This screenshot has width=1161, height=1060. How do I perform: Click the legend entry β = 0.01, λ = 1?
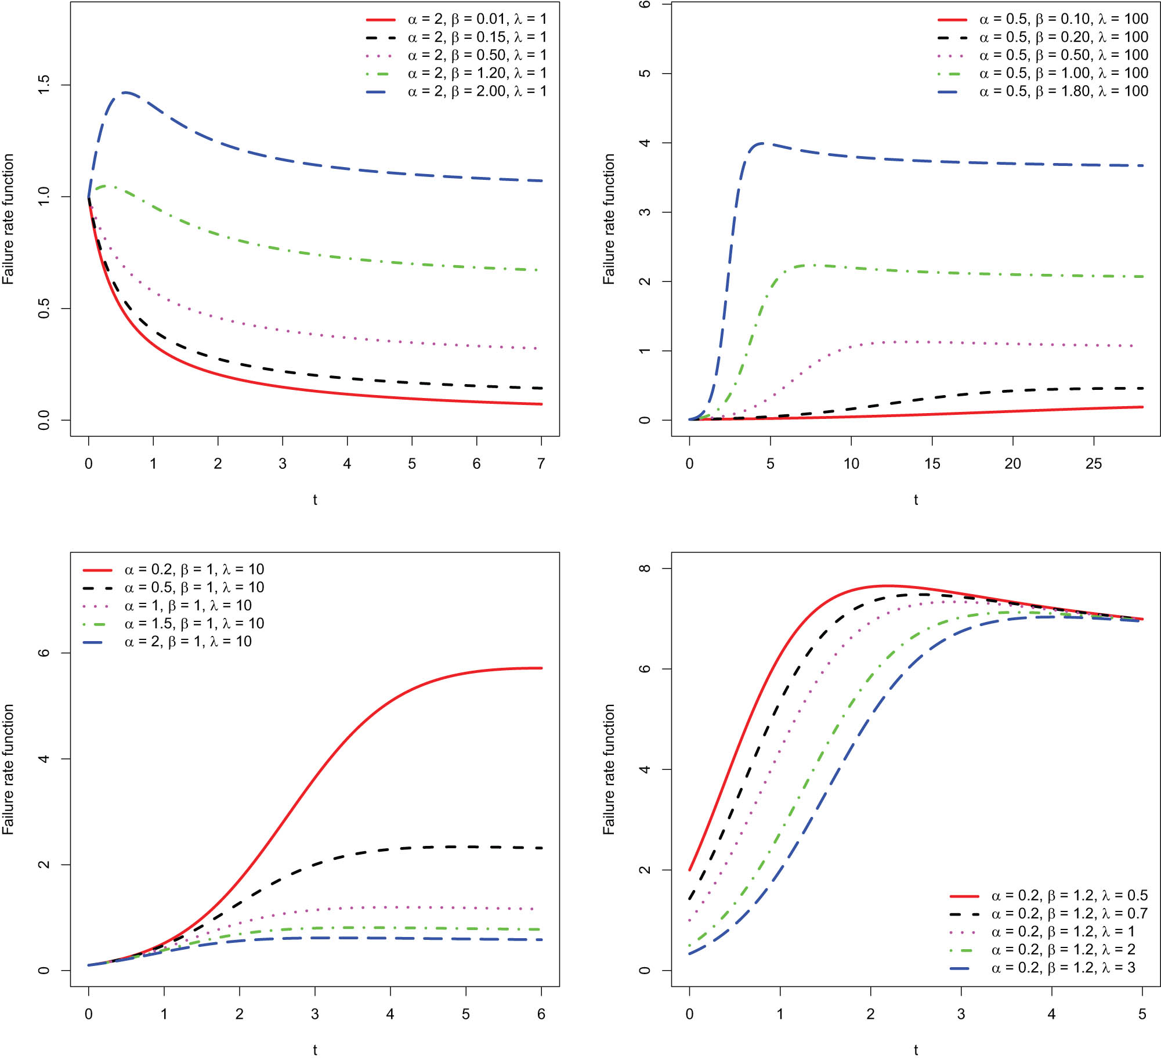click(x=476, y=19)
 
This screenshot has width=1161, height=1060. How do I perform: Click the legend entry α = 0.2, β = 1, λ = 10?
click(x=194, y=570)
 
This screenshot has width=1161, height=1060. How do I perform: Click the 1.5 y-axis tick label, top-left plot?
click(x=44, y=85)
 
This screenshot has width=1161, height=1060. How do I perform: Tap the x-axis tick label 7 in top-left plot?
click(x=541, y=464)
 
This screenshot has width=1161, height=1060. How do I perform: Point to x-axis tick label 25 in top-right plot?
click(x=1093, y=464)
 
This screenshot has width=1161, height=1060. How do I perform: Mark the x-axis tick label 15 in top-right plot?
click(x=932, y=464)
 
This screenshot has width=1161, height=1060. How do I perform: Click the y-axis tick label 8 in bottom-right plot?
click(x=645, y=569)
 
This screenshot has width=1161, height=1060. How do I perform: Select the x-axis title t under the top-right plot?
click(x=916, y=500)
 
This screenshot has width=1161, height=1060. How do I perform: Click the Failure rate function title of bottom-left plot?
click(x=8, y=769)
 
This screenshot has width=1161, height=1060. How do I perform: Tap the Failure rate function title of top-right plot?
click(x=609, y=219)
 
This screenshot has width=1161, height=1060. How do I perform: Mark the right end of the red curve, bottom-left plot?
click(x=541, y=668)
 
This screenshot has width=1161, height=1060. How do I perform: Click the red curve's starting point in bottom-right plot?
click(x=690, y=870)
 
